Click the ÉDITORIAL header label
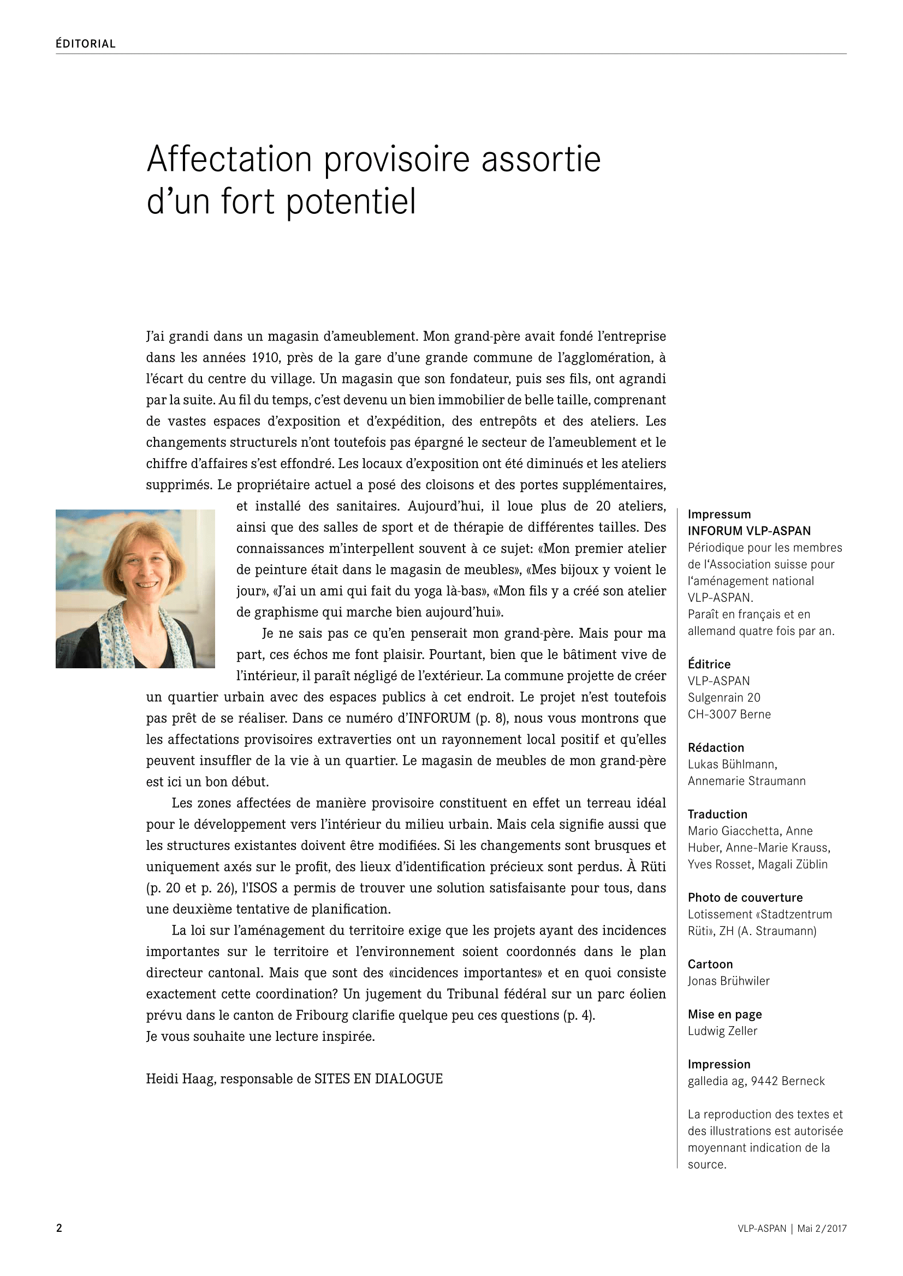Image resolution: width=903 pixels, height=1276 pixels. click(x=85, y=44)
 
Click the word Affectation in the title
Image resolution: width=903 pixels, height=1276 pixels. click(x=229, y=159)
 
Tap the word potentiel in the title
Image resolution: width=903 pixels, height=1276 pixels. click(x=351, y=202)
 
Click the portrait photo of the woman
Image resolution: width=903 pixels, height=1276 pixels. click(x=135, y=589)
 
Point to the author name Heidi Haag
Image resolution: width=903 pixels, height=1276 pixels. click(x=180, y=1079)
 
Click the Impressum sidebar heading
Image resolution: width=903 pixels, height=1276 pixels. click(x=719, y=514)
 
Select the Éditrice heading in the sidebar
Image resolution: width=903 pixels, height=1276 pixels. click(x=709, y=664)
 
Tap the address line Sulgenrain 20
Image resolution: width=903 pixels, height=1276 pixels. click(x=723, y=698)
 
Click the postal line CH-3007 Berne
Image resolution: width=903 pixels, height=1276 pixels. click(x=729, y=714)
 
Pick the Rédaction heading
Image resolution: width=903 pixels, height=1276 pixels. click(x=716, y=747)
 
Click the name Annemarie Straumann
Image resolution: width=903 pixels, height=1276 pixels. click(x=746, y=781)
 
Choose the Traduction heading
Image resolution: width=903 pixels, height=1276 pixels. click(x=717, y=814)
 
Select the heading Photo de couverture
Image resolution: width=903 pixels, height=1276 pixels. click(x=745, y=897)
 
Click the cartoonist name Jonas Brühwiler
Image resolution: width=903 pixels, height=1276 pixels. click(x=728, y=981)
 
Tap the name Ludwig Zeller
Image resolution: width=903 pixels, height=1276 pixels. click(x=722, y=1031)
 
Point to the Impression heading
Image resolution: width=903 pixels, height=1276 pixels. click(x=719, y=1064)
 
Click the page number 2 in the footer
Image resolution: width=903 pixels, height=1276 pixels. click(x=59, y=1228)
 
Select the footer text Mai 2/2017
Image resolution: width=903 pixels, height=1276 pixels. click(x=822, y=1229)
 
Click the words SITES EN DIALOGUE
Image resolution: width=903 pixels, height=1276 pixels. click(x=378, y=1079)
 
